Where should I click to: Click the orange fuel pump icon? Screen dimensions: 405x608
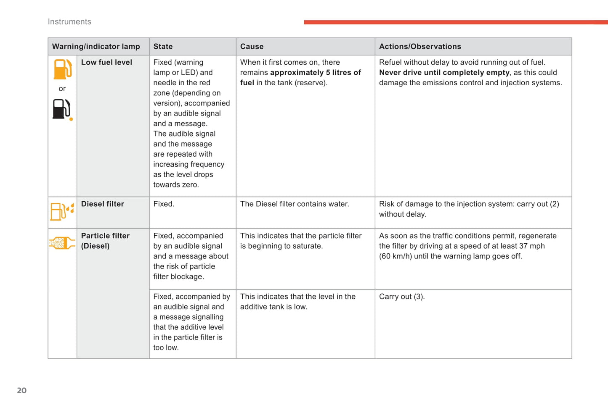tap(62, 69)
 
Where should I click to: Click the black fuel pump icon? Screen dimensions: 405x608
tap(61, 109)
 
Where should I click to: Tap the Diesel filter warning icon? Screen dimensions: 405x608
tap(62, 211)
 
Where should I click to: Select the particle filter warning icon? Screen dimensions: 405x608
tap(62, 243)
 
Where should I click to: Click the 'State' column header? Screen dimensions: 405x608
tap(163, 47)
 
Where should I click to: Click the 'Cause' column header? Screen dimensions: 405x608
tap(252, 47)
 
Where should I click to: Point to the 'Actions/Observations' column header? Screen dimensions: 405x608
tap(419, 47)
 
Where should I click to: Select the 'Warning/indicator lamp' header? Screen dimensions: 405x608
tap(96, 47)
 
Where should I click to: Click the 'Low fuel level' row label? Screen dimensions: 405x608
tap(106, 62)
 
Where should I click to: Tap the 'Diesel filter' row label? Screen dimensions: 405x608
tap(102, 204)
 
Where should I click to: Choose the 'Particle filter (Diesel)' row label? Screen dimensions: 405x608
tap(105, 241)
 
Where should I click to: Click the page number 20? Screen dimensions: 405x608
tap(21, 390)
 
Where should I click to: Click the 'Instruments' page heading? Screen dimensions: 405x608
tap(69, 22)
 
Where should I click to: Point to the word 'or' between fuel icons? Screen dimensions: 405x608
tap(62, 89)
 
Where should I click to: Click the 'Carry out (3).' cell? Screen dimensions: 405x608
tap(401, 297)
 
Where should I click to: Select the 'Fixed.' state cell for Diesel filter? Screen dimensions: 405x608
tap(164, 204)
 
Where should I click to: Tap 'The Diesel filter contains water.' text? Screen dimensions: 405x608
tap(295, 204)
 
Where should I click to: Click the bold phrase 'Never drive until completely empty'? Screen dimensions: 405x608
tap(444, 72)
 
